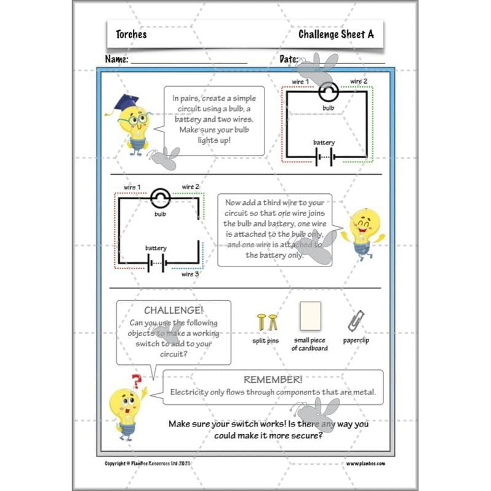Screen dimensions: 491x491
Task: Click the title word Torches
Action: pyautogui.click(x=131, y=34)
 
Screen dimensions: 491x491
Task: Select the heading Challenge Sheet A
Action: pyautogui.click(x=335, y=34)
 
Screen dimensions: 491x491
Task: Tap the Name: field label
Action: pyautogui.click(x=117, y=60)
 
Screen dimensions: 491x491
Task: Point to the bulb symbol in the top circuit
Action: pyautogui.click(x=327, y=92)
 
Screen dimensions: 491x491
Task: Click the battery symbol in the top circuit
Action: pyautogui.click(x=324, y=157)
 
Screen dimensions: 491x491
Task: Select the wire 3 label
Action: pyautogui.click(x=191, y=274)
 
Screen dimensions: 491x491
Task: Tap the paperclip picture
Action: pyautogui.click(x=355, y=321)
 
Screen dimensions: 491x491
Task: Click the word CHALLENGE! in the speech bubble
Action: pyautogui.click(x=173, y=311)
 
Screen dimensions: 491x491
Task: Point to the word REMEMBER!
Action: pyautogui.click(x=273, y=380)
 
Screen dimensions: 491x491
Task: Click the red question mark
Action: pyautogui.click(x=137, y=381)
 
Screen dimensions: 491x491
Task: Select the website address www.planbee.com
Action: pyautogui.click(x=365, y=463)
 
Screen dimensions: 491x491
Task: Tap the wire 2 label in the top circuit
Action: pyautogui.click(x=359, y=81)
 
